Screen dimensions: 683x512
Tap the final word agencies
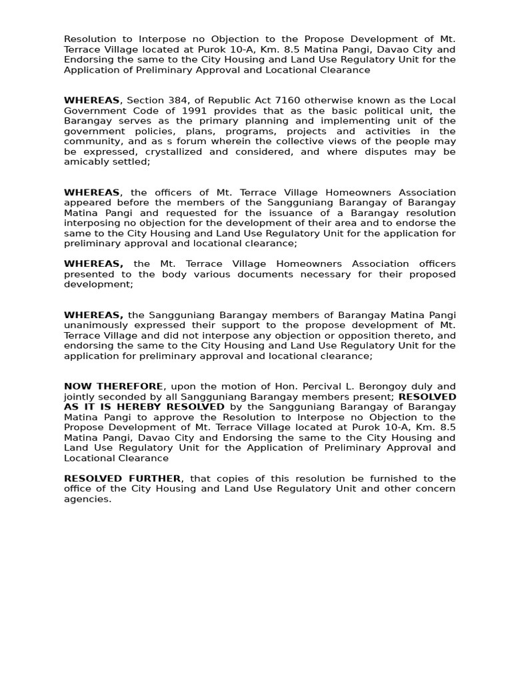coord(87,499)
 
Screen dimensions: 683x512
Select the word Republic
coord(222,100)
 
